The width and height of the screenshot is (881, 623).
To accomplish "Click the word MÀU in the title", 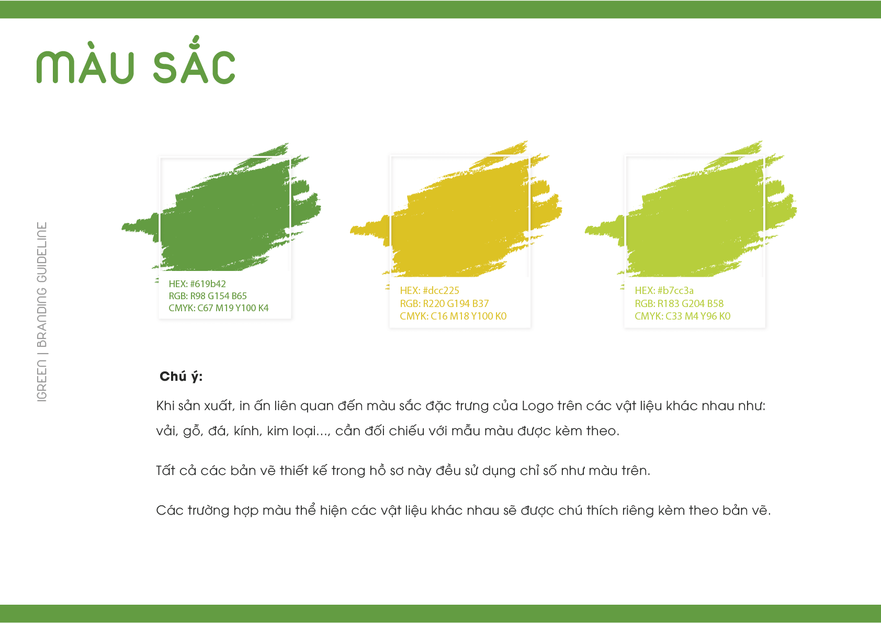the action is (85, 62).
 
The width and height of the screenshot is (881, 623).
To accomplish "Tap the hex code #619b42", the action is (208, 284).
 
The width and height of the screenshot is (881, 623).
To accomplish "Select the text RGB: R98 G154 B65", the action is (208, 296).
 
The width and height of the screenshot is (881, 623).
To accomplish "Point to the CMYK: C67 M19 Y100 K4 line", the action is (219, 308).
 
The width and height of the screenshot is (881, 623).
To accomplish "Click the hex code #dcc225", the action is (440, 290).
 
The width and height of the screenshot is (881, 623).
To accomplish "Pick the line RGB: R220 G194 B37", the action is (444, 303).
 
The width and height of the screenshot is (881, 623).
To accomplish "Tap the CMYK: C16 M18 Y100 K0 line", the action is (453, 316).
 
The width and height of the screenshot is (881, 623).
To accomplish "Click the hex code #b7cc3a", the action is (675, 290).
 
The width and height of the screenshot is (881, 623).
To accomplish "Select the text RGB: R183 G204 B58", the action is (679, 303).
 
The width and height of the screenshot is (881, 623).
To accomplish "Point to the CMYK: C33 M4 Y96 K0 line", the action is (682, 316).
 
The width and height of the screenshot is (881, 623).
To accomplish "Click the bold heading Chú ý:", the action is (181, 377).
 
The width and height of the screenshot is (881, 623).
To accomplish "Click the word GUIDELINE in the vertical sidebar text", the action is (42, 252).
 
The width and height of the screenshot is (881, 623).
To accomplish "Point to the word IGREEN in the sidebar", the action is (42, 380).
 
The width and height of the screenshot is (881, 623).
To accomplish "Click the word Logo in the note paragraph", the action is (537, 406).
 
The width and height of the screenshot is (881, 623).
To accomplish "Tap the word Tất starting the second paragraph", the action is (165, 470).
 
